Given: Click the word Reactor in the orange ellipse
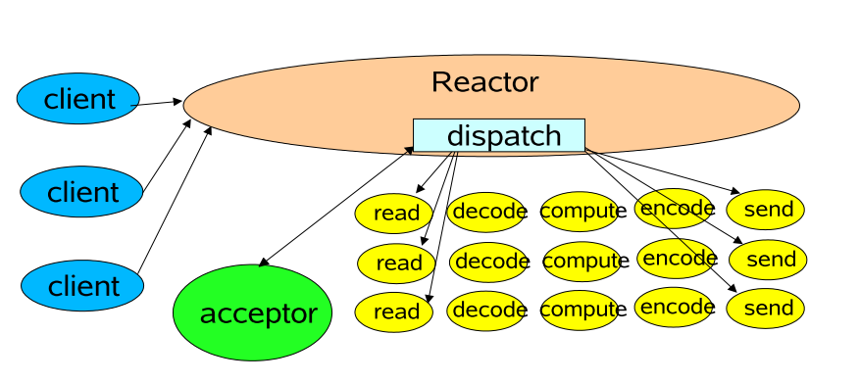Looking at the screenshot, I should [484, 82].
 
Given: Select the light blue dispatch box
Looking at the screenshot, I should [498, 135].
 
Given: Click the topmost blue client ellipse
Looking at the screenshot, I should [78, 99].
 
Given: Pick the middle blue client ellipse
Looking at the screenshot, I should [81, 191].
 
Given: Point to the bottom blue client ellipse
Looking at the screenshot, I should [82, 286].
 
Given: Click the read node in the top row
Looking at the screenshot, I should [396, 213].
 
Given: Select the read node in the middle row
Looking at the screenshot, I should [397, 263].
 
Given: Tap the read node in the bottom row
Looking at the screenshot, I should [396, 311].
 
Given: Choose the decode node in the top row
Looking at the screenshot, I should [487, 211].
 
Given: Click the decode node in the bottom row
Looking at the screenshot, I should [487, 311].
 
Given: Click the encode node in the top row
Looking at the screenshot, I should [675, 208].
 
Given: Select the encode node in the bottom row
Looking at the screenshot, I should [675, 307].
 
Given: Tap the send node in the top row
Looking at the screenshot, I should [766, 210].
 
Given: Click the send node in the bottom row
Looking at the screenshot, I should [766, 309].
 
